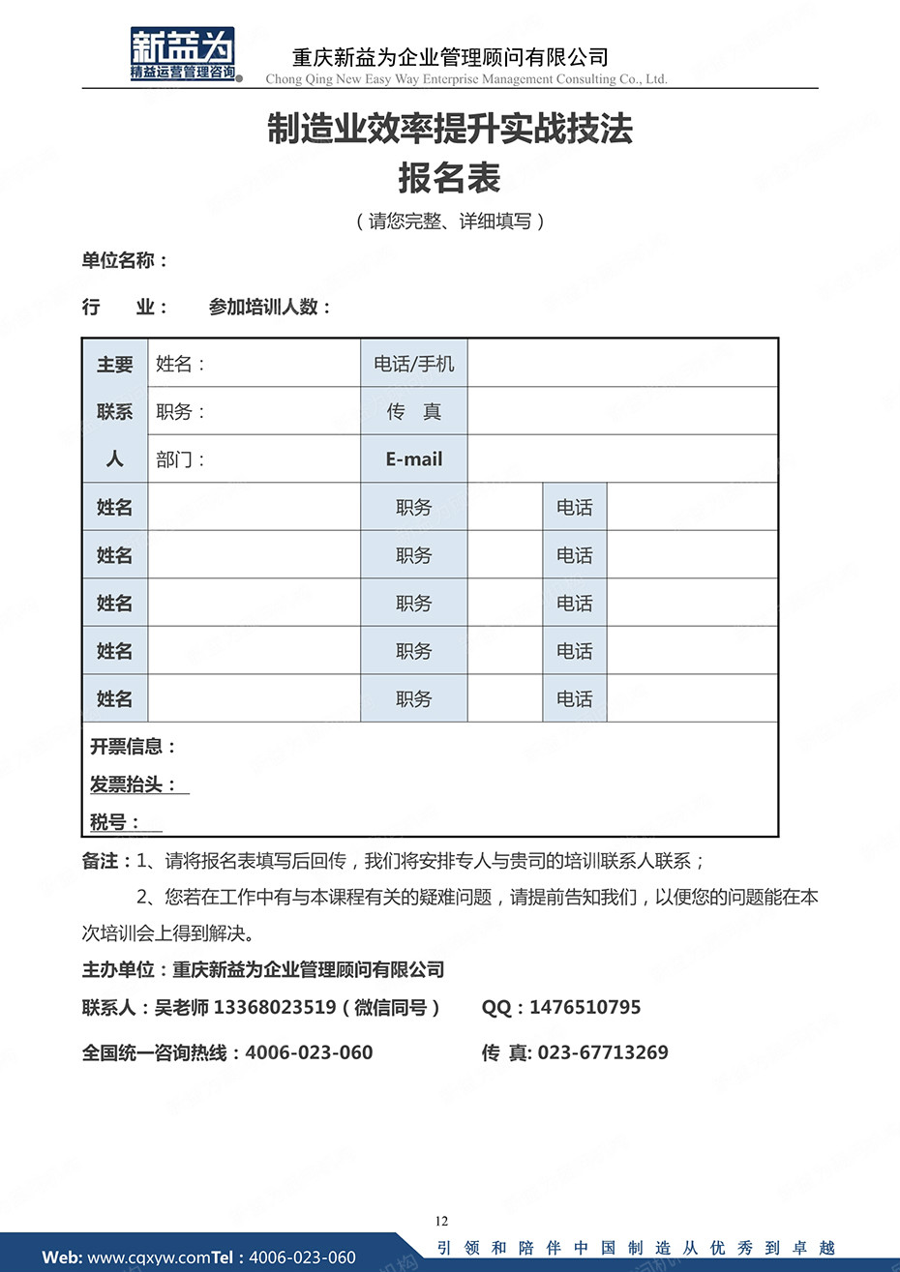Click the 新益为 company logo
[184, 54]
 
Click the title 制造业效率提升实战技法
[450, 129]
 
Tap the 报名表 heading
[449, 178]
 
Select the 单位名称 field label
[124, 260]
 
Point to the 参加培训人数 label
[269, 308]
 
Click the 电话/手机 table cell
[414, 364]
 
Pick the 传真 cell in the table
[414, 412]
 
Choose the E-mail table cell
[414, 459]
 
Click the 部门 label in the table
[180, 459]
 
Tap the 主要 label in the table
[114, 365]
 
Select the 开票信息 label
[133, 747]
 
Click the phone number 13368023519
[275, 1008]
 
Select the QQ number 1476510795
[585, 1008]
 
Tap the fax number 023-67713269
[602, 1052]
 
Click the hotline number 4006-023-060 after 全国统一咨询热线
[309, 1052]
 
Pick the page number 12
[442, 1221]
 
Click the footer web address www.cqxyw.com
[149, 1257]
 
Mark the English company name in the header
[466, 79]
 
